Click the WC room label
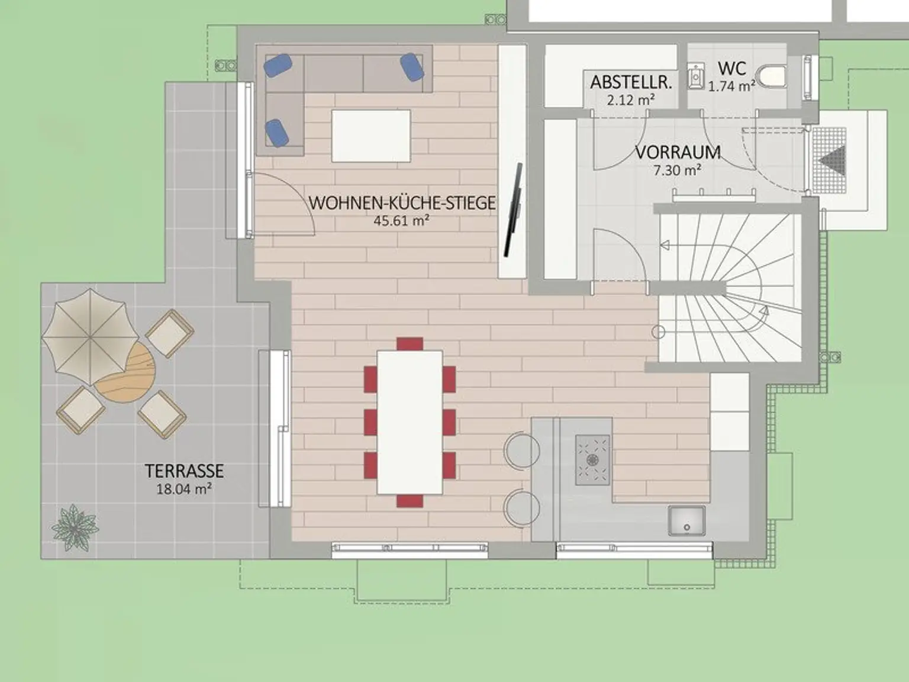pos(732,68)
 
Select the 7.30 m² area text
pos(677,170)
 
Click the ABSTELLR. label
pos(631,82)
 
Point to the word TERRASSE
pos(184,471)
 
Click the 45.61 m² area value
pos(401,220)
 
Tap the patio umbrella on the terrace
pos(91,337)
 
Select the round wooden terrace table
pos(124,373)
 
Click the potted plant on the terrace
pos(75,527)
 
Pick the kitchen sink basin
pos(686,520)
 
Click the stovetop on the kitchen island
pos(592,459)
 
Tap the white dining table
pos(410,422)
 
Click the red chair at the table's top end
pos(410,344)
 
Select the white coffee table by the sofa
pos(371,136)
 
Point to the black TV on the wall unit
pos(513,210)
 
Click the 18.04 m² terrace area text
pos(184,489)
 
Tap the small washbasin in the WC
pos(696,76)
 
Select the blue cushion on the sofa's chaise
pos(277,133)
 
